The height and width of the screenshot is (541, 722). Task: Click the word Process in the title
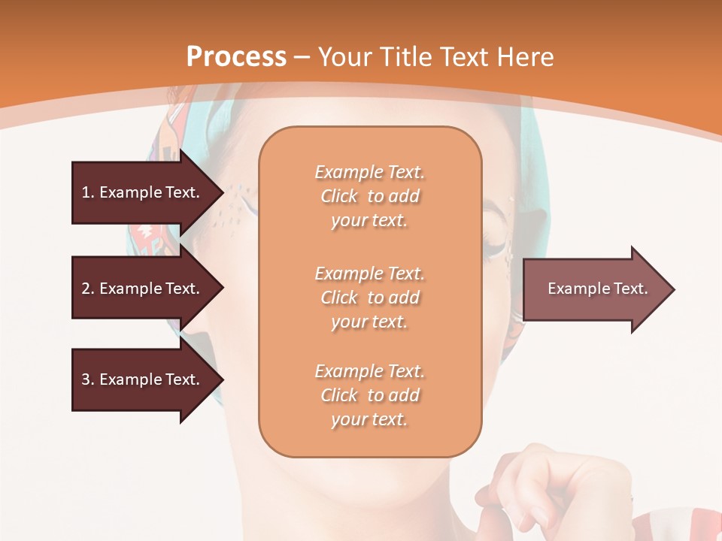236,57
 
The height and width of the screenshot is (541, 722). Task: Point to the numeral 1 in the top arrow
86,192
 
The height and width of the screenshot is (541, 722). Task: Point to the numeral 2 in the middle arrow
86,289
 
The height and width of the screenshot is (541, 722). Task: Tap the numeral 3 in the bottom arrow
86,379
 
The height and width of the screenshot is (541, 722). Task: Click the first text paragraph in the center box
369,196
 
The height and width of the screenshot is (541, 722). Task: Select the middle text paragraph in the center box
369,298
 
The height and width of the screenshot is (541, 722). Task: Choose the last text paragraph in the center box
369,395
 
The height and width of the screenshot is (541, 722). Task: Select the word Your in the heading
347,57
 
